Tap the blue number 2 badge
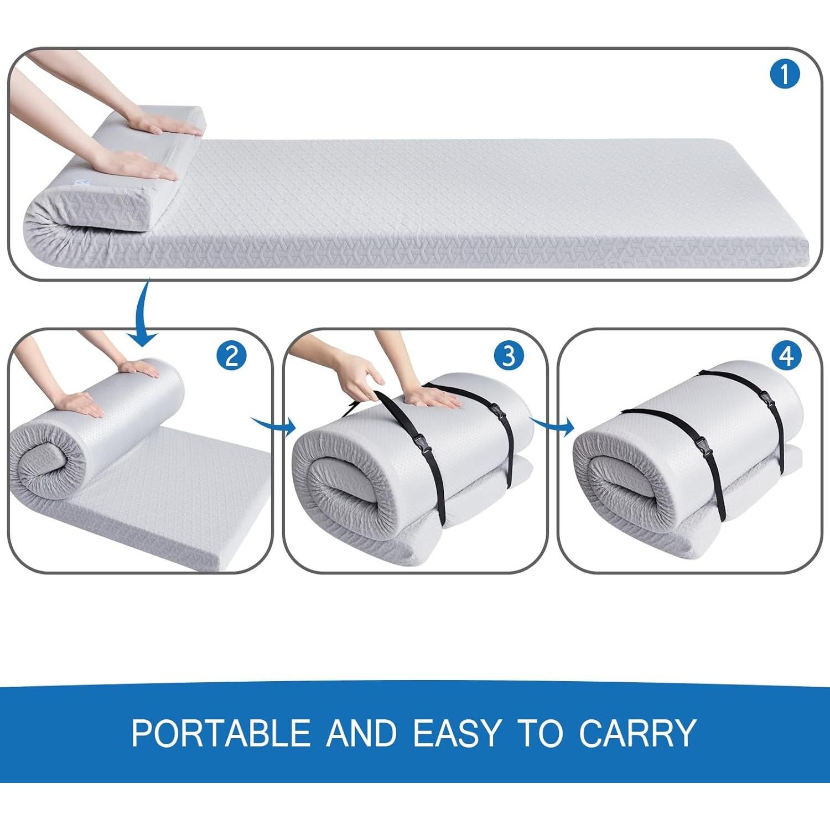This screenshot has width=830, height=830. pyautogui.click(x=231, y=356)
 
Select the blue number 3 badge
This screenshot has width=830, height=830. pyautogui.click(x=508, y=356)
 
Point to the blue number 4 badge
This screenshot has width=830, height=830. pyautogui.click(x=786, y=356)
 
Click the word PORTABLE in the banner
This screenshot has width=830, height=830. pyautogui.click(x=221, y=733)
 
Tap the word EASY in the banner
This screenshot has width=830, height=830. pyautogui.click(x=457, y=733)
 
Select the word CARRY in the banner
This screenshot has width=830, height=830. pyautogui.click(x=637, y=733)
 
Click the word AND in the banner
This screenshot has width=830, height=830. pyautogui.click(x=362, y=733)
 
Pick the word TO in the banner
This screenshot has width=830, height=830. pyautogui.click(x=539, y=733)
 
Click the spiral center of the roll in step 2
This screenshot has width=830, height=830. pyautogui.click(x=44, y=462)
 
